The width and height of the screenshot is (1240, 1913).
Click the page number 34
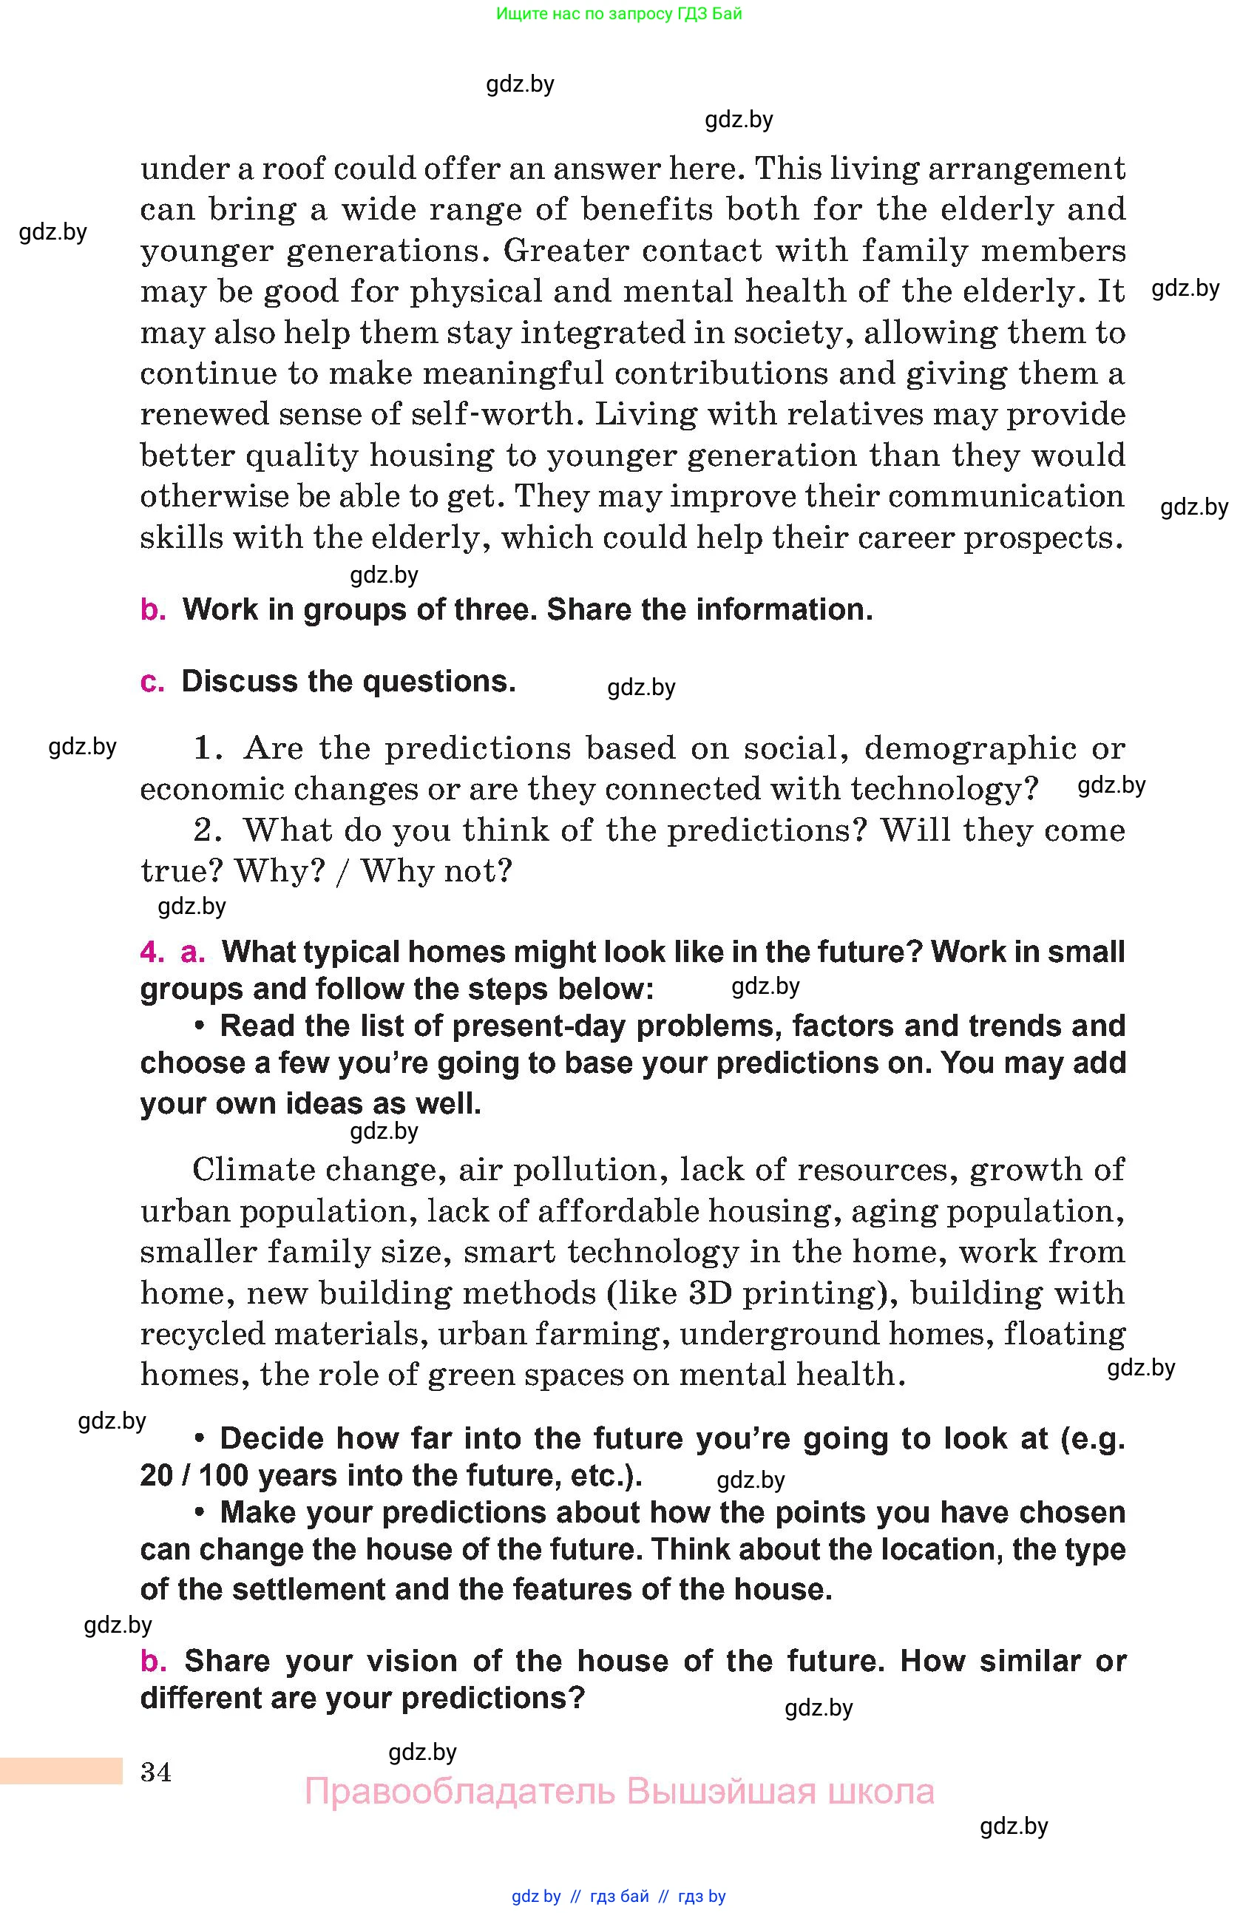pyautogui.click(x=156, y=1772)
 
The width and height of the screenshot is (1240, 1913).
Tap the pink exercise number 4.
pyautogui.click(x=151, y=952)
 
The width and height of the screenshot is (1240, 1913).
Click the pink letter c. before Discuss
pyautogui.click(x=152, y=682)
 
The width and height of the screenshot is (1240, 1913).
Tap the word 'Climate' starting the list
pyautogui.click(x=248, y=1171)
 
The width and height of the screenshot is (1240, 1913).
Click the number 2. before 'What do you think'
pyautogui.click(x=208, y=830)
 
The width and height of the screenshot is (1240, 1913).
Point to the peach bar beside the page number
pyautogui.click(x=61, y=1771)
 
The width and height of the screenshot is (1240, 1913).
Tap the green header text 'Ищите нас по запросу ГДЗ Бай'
pyautogui.click(x=619, y=13)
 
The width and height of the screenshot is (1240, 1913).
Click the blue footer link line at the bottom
pyautogui.click(x=619, y=1896)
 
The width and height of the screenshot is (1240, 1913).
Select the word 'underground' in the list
pyautogui.click(x=832, y=1334)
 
